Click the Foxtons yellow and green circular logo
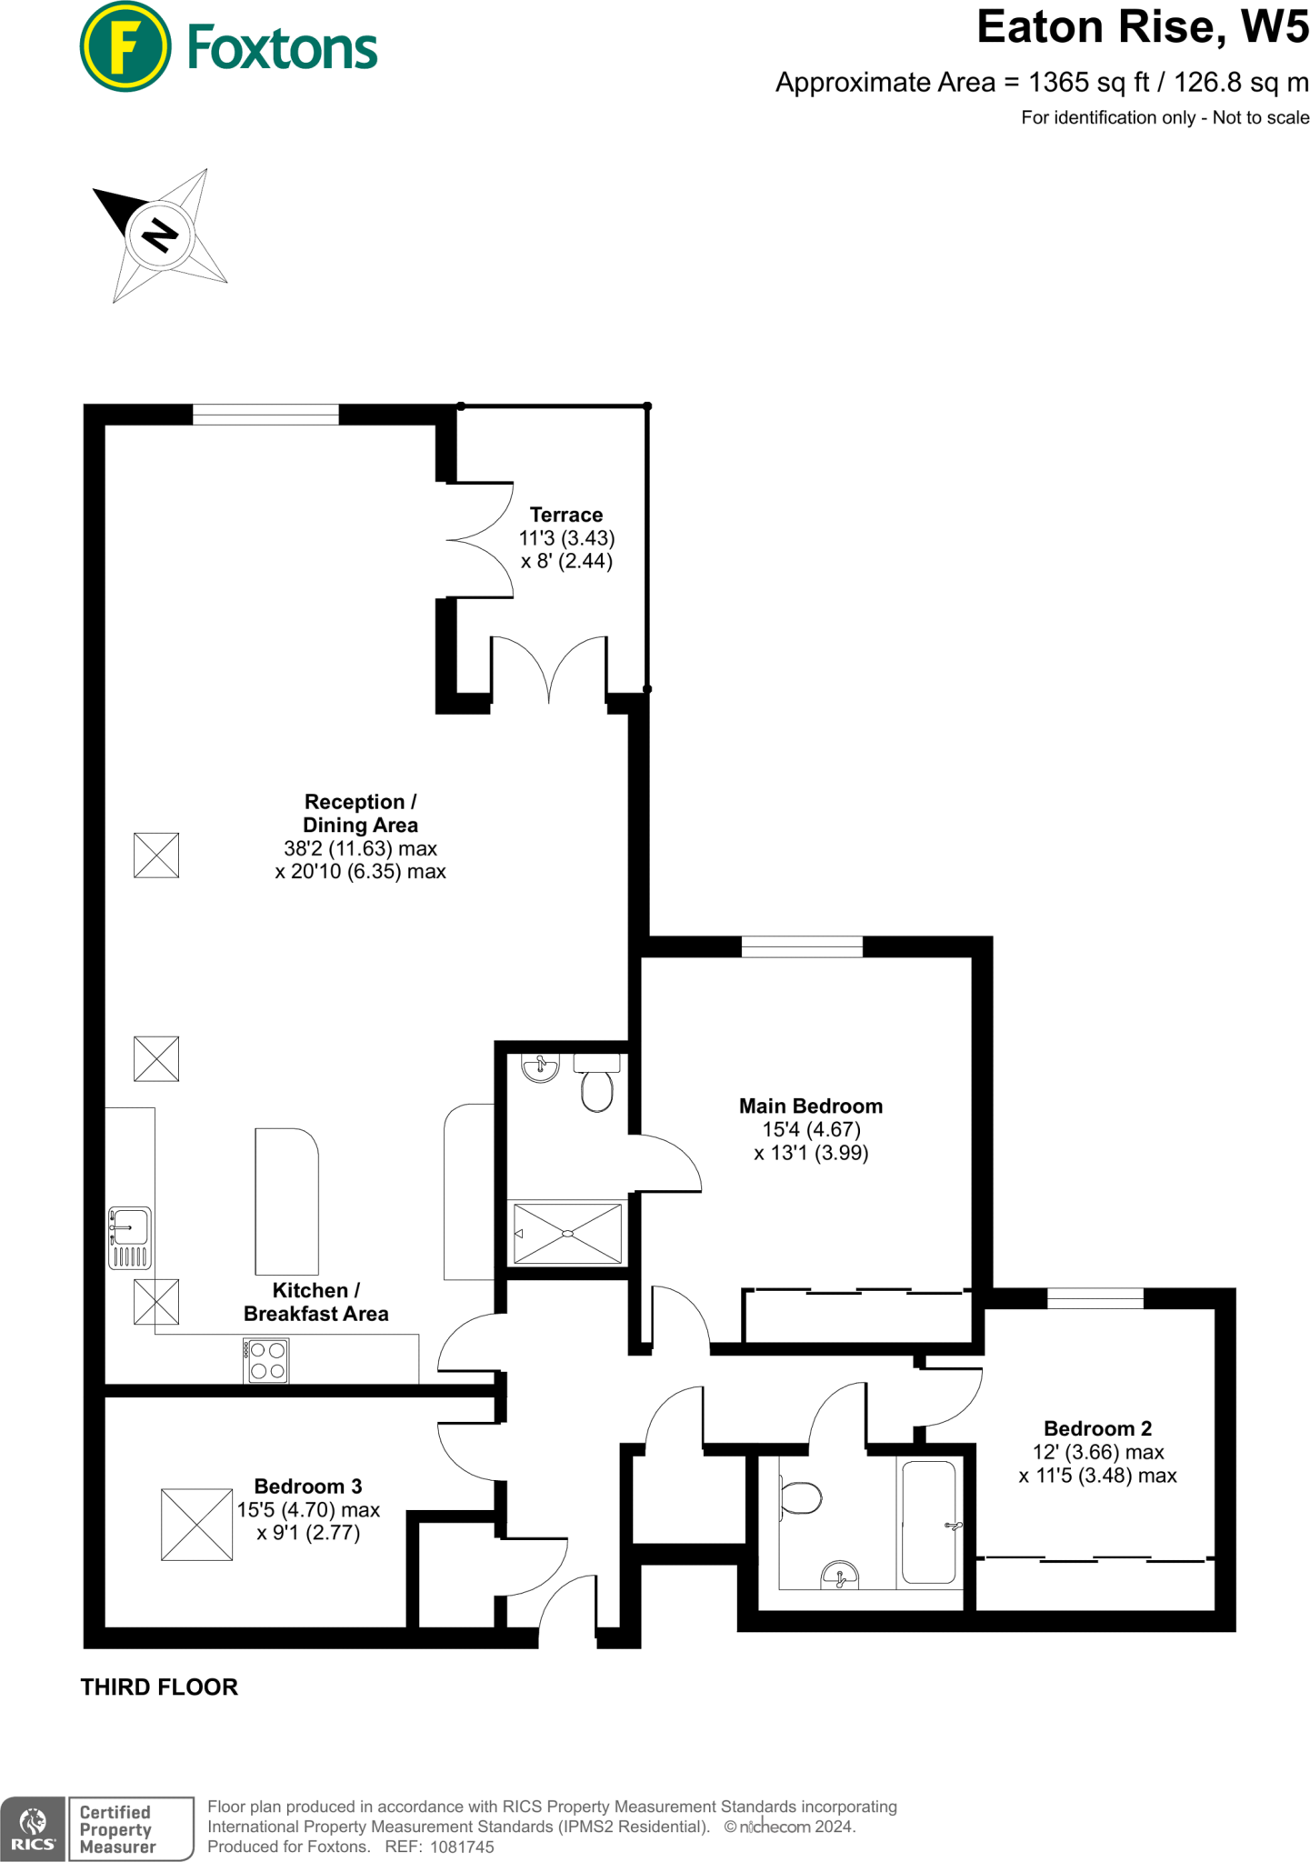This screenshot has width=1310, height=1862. click(x=125, y=47)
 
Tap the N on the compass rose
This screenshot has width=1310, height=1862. click(x=160, y=235)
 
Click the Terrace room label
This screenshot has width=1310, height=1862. click(x=565, y=515)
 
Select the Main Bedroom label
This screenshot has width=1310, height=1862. click(x=810, y=1106)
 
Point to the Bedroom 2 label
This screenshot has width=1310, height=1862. click(x=1097, y=1428)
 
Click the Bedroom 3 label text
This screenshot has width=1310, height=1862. click(x=307, y=1487)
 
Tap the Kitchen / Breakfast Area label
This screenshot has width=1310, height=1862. click(x=315, y=1302)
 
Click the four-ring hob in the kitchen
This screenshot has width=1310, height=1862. click(x=267, y=1361)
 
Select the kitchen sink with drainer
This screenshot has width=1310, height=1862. click(x=130, y=1237)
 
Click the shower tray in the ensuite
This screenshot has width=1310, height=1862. click(x=567, y=1234)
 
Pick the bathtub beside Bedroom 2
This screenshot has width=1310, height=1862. click(x=928, y=1523)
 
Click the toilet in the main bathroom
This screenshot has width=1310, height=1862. click(x=800, y=1497)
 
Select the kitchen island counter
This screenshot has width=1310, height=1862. click(x=286, y=1201)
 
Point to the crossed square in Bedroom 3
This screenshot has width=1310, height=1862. click(x=196, y=1525)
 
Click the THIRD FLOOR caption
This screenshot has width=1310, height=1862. click(x=159, y=1687)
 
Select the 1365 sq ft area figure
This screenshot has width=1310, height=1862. click(x=1087, y=83)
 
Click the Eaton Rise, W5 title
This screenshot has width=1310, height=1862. click(x=1142, y=27)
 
